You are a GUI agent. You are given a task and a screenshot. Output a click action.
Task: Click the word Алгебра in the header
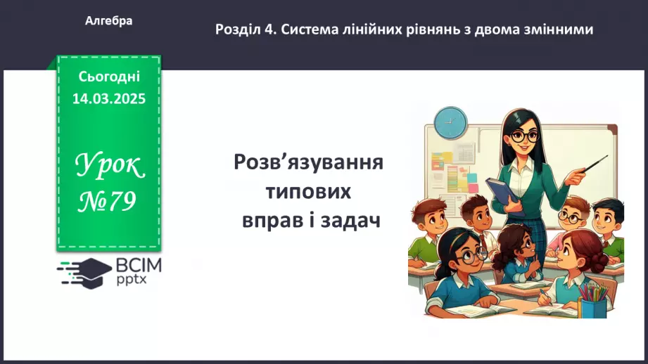[x=109, y=21]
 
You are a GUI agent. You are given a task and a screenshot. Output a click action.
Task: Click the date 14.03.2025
[x=109, y=99]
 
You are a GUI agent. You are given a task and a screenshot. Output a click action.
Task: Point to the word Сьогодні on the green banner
[x=109, y=76]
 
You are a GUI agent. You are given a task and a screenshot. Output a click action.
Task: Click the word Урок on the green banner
[x=109, y=167]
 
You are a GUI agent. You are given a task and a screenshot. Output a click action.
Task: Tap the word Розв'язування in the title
[x=309, y=163]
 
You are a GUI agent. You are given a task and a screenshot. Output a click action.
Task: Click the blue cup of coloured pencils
[x=594, y=303]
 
